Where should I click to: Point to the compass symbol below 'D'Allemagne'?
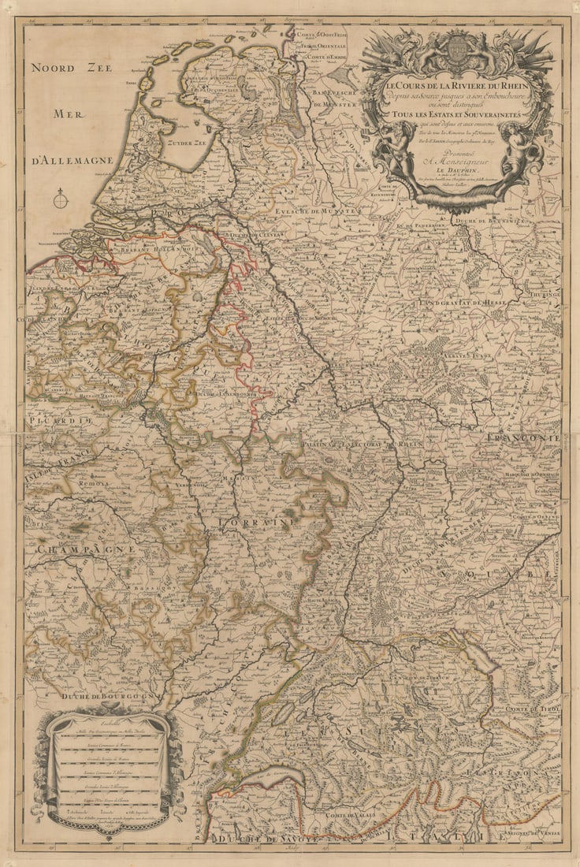point(61,199)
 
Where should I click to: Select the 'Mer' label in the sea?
point(69,115)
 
